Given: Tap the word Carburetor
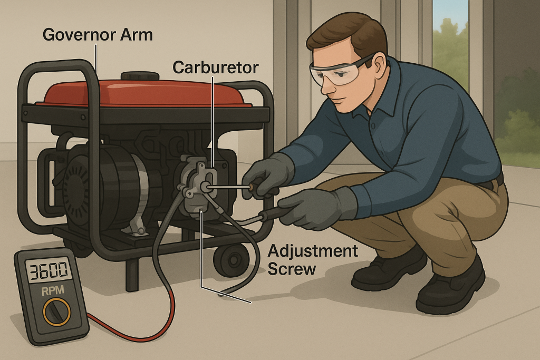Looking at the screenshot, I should pyautogui.click(x=215, y=67).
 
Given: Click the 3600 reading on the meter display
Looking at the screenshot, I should pyautogui.click(x=49, y=271).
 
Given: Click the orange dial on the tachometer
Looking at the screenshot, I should pyautogui.click(x=56, y=312).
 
